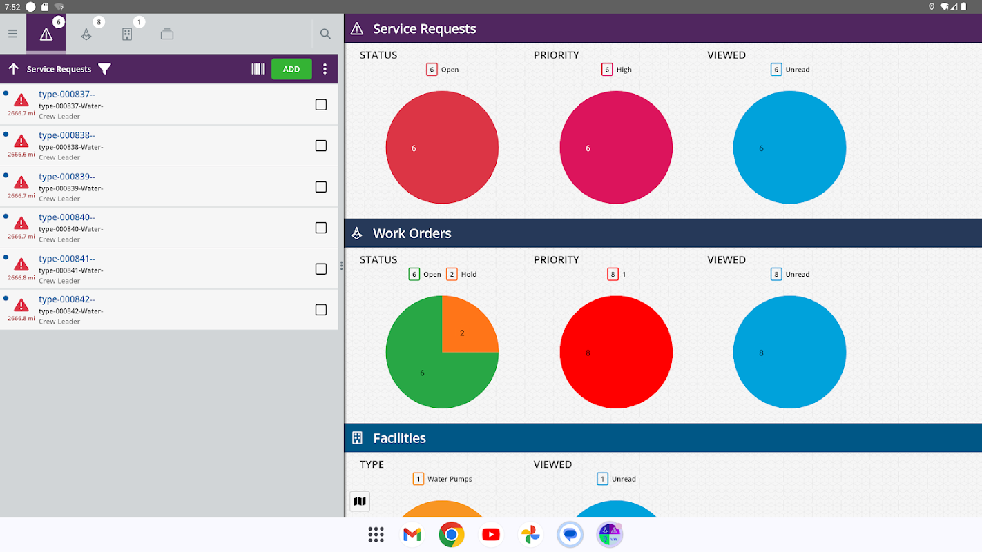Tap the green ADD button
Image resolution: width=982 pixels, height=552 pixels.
coord(291,69)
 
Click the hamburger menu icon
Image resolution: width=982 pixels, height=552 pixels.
coord(12,34)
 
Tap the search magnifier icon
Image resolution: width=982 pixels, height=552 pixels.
coord(325,34)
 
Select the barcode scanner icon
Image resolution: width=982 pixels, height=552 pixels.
coord(258,69)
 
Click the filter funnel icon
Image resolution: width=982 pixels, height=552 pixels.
coord(104,69)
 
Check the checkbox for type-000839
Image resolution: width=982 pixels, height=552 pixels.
coord(321,187)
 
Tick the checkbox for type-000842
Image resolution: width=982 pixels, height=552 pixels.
coord(321,310)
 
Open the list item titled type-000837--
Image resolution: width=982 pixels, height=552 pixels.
coord(67,95)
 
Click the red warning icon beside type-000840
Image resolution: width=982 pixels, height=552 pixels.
coord(21,223)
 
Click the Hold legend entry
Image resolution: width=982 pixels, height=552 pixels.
coord(462,274)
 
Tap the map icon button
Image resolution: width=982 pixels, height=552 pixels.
coord(360,502)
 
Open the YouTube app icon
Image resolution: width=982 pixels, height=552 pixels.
coord(491,535)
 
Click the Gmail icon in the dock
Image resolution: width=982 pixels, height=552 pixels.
coord(412,535)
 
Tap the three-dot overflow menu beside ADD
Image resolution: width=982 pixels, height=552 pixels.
coord(325,69)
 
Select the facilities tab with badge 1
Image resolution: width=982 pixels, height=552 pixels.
coord(127,34)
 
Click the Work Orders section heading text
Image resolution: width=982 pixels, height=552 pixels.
coord(412,233)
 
